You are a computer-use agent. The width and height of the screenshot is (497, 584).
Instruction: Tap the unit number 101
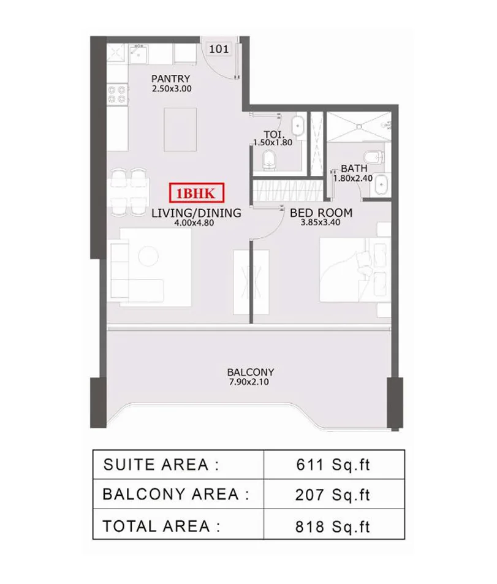[219, 50]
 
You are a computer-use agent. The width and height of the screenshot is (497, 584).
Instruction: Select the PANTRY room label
[170, 78]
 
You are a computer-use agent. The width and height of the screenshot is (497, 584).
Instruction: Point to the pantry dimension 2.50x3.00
[172, 89]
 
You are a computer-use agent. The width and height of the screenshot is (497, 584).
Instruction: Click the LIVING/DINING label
[195, 213]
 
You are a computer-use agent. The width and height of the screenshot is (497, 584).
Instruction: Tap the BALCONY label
[250, 372]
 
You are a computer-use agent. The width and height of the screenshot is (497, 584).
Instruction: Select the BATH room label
[354, 168]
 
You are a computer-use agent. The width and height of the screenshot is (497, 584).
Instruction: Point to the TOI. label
[273, 134]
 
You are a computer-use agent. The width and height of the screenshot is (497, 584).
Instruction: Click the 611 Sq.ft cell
[333, 465]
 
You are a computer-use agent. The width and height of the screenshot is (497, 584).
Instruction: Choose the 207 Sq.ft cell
[333, 495]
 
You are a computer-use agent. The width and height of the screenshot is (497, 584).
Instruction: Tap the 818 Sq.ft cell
[333, 525]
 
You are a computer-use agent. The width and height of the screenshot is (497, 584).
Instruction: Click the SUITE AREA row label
[161, 465]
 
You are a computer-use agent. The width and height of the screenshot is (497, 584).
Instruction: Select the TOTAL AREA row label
[161, 525]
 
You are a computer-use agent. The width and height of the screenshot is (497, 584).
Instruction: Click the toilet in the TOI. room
[269, 161]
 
